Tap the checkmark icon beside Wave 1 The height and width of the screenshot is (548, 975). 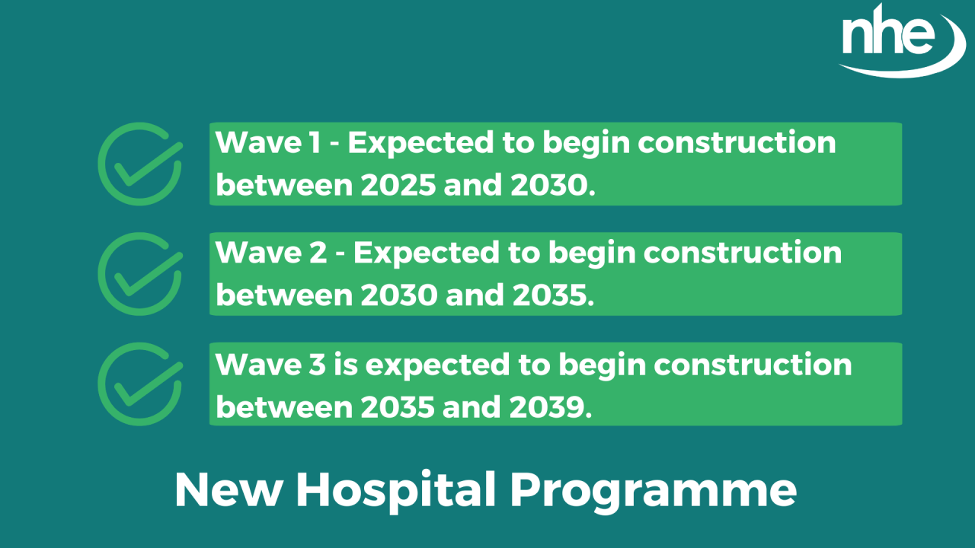pos(139,164)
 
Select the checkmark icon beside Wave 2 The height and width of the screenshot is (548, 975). pos(139,273)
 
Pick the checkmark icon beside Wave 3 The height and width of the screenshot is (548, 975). pos(139,384)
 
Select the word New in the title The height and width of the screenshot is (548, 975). pos(228,491)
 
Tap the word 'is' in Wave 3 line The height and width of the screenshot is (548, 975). pos(344,364)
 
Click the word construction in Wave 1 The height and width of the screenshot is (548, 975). pos(737,143)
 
